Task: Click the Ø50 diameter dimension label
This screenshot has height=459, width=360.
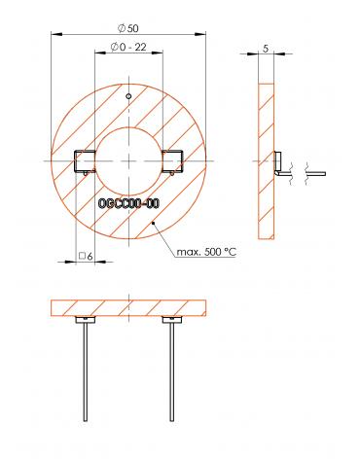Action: click(x=128, y=28)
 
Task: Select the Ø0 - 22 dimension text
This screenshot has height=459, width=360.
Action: click(x=128, y=48)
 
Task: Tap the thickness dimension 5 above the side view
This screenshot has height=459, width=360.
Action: click(x=266, y=49)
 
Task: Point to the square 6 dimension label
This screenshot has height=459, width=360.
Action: click(x=86, y=256)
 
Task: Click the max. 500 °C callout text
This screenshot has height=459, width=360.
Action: click(x=206, y=252)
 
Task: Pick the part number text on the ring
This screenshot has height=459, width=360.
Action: click(x=128, y=203)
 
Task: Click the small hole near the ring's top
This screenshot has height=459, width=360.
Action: click(x=128, y=96)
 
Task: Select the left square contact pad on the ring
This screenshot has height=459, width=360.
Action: click(x=85, y=160)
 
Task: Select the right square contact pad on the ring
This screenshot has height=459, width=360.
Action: click(x=173, y=160)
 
